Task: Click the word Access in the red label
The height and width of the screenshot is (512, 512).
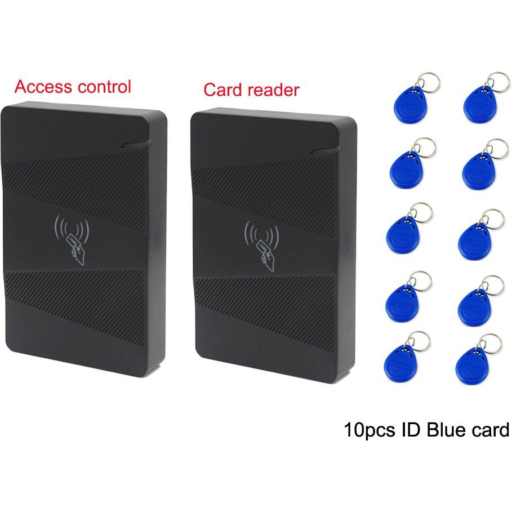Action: click(43, 87)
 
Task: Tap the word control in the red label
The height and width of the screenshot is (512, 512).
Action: click(104, 87)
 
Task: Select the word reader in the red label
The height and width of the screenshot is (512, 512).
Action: click(273, 90)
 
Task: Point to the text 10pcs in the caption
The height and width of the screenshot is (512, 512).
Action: click(369, 430)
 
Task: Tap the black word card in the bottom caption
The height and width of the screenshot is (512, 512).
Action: click(491, 430)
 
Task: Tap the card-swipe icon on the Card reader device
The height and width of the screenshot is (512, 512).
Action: click(261, 245)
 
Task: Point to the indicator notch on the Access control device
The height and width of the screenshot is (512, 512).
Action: click(136, 144)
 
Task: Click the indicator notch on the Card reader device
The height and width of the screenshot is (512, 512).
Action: click(326, 150)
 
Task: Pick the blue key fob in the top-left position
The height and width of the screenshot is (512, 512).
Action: click(409, 105)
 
